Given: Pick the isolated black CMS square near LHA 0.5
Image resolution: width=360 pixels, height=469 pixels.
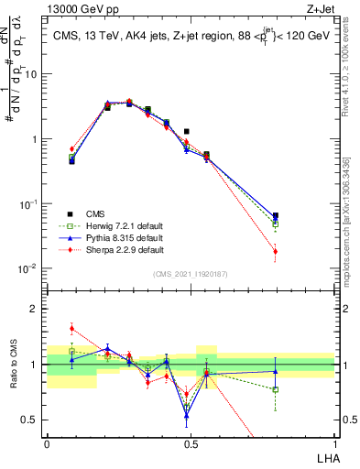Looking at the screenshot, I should click(x=187, y=132).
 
